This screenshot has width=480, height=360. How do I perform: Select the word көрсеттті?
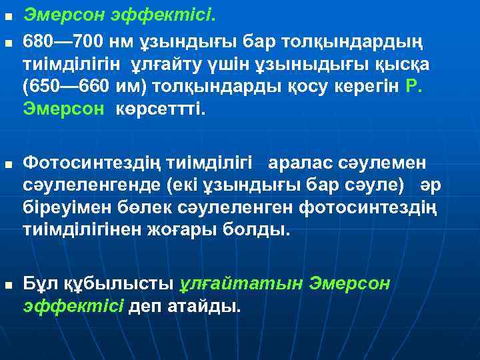click(x=161, y=109)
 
